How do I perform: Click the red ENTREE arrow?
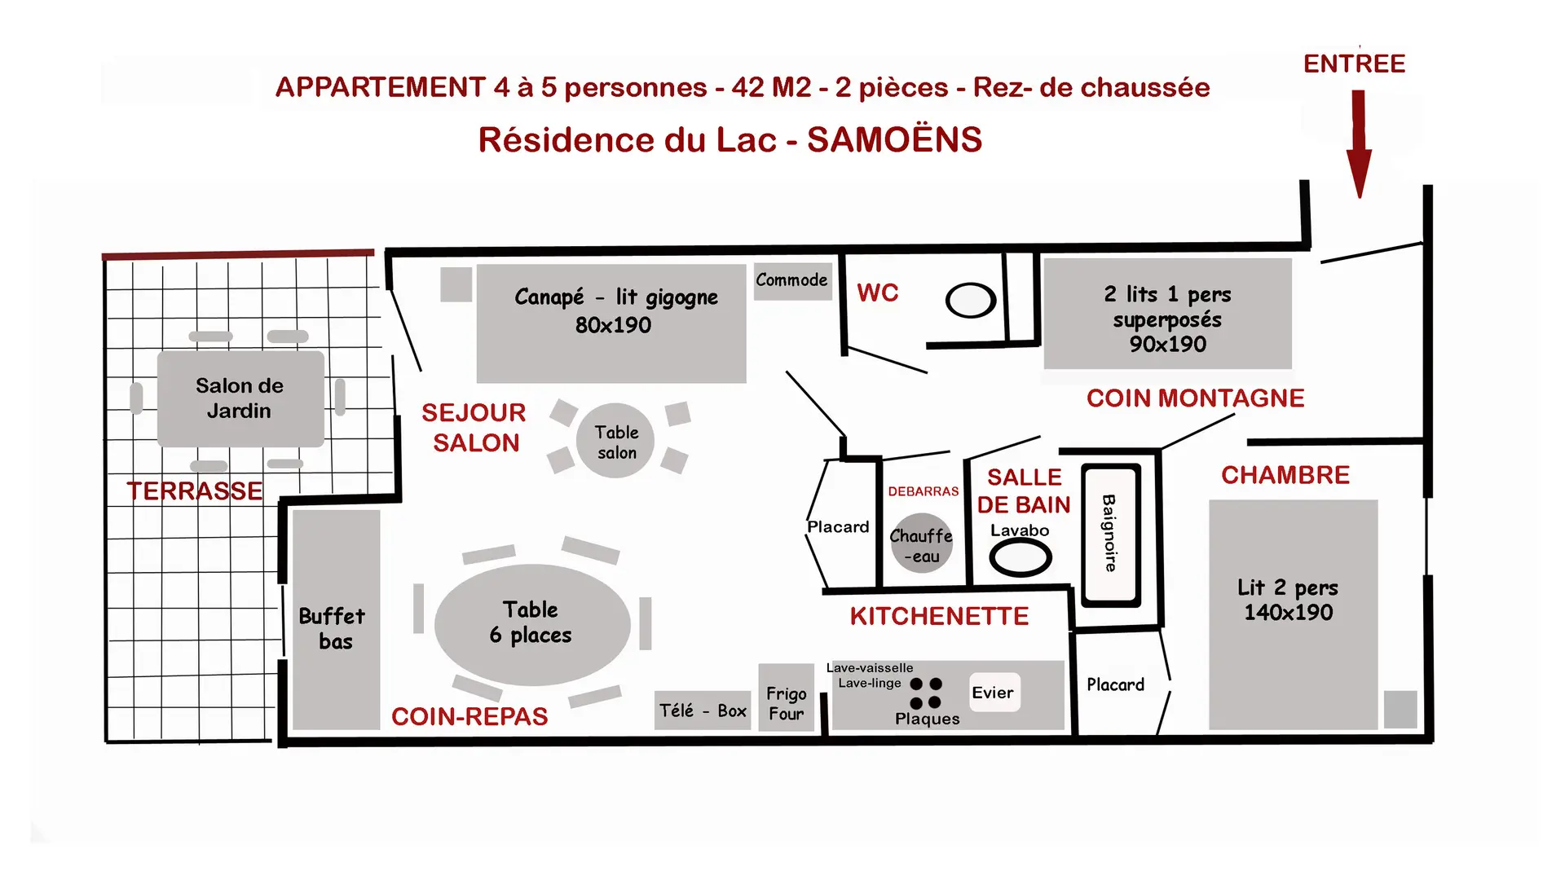click(1359, 143)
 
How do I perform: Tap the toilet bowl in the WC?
click(971, 300)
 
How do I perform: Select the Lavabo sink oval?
click(1020, 558)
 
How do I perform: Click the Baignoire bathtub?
click(1110, 535)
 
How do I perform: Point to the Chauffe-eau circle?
click(922, 543)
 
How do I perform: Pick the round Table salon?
click(615, 441)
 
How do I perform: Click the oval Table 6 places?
click(532, 625)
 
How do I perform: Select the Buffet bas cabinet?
click(337, 620)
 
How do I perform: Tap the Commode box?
click(792, 280)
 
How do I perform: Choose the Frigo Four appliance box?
click(787, 697)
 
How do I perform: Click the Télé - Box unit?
click(703, 711)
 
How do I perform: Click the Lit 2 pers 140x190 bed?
click(1294, 614)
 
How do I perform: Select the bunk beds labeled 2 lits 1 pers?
click(1168, 314)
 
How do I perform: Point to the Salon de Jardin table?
click(240, 398)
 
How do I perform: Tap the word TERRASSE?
click(195, 491)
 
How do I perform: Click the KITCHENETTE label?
click(939, 617)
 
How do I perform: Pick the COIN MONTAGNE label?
click(1196, 398)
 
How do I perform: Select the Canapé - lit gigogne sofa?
click(611, 323)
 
